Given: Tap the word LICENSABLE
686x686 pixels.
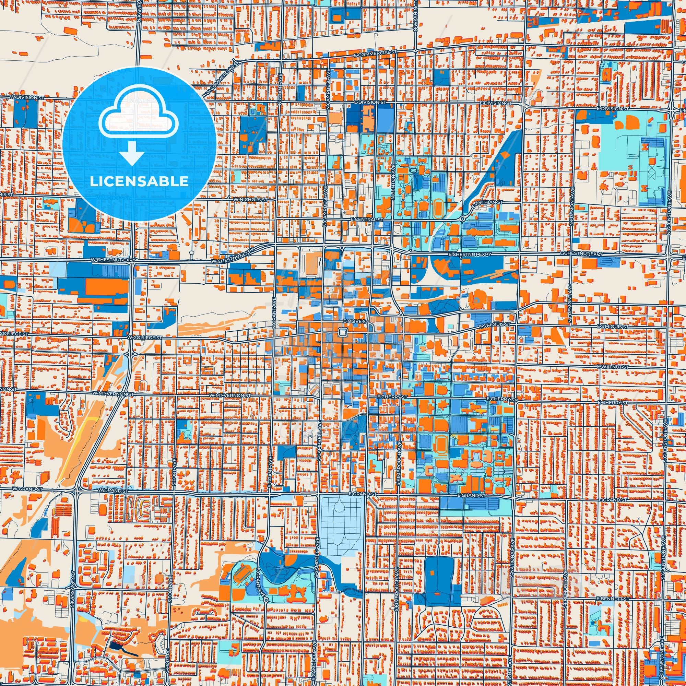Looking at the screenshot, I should tap(139, 181).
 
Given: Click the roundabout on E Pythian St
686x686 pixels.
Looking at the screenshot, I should tap(463, 219).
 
